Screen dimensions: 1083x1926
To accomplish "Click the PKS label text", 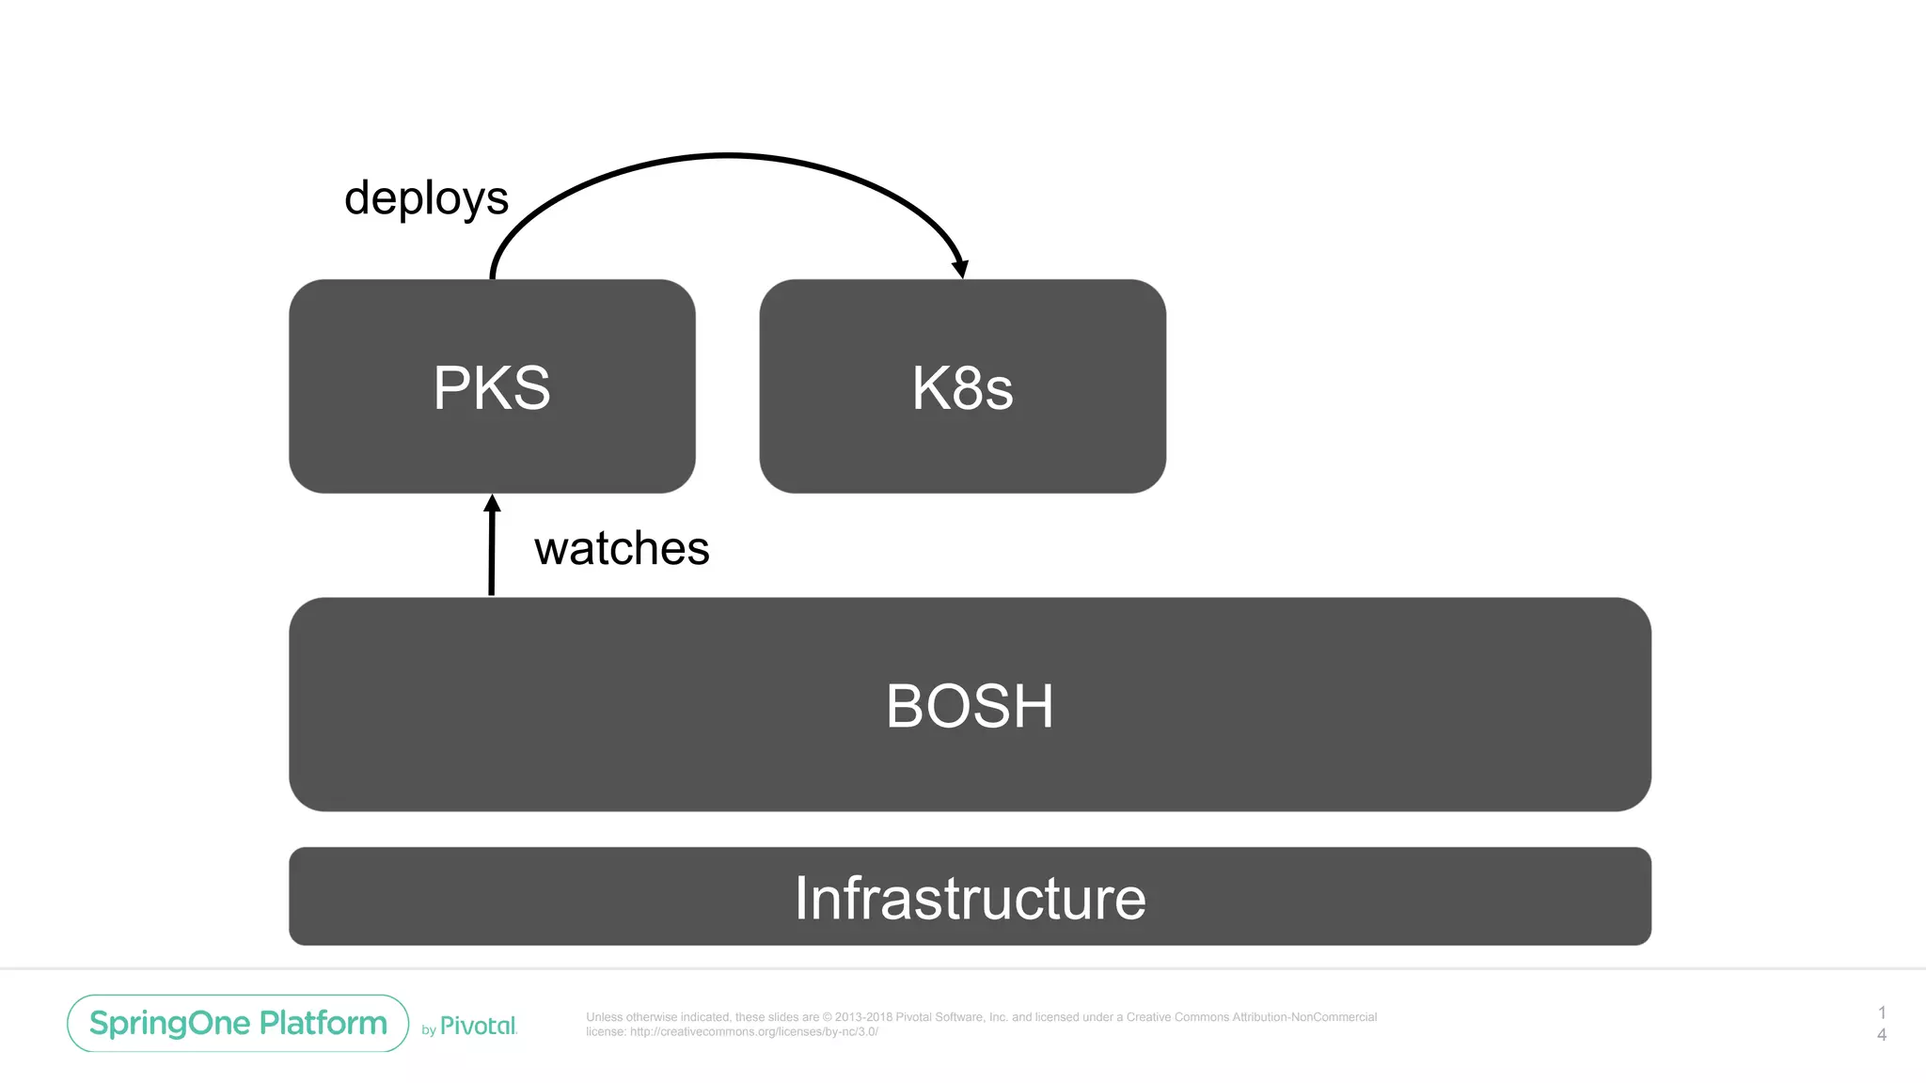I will pos(492,387).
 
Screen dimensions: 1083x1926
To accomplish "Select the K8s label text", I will pos(962,388).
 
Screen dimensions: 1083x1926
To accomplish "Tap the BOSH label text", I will pos(970,706).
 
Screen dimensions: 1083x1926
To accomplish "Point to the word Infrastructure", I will pos(970,898).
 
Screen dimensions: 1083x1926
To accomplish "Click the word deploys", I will pos(426,198).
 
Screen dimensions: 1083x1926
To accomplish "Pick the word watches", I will pos(622,548).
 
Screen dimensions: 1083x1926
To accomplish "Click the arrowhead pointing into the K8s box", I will pos(960,268).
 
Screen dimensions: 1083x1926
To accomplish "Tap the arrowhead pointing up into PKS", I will pos(492,505).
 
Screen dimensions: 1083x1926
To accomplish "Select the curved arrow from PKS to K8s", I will pos(727,155).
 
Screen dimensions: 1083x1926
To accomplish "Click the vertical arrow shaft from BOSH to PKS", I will pos(491,555).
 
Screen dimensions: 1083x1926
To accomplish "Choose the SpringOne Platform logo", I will pos(238,1023).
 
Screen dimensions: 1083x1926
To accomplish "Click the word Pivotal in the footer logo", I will pos(479,1026).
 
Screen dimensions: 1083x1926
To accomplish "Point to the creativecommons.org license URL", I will pos(753,1031).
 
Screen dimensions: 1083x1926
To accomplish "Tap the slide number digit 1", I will pos(1882,1012).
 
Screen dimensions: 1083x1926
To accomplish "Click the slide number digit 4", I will pos(1882,1034).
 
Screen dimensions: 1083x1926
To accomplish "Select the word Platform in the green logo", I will pos(324,1023).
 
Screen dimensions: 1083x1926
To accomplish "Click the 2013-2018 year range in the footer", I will pos(863,1017).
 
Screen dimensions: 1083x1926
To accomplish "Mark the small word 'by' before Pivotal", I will pos(429,1030).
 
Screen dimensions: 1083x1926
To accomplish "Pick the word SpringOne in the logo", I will pos(171,1023).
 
